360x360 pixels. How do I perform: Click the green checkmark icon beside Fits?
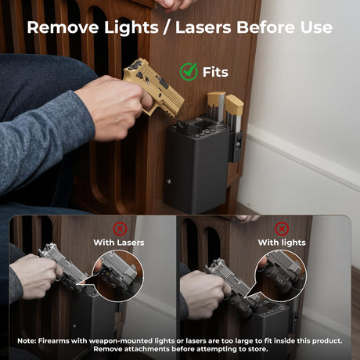click(189, 71)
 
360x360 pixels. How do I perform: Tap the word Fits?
click(215, 72)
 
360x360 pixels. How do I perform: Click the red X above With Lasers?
click(120, 229)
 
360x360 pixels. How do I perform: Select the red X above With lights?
click(282, 229)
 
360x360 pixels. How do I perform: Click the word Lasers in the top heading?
click(203, 27)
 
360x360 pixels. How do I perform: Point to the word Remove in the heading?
click(63, 27)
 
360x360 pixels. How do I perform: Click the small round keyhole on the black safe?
click(169, 181)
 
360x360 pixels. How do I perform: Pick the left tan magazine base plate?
click(216, 98)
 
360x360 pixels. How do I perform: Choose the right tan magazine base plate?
click(235, 104)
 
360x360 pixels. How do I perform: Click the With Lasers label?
click(119, 243)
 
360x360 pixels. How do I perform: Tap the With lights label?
click(282, 243)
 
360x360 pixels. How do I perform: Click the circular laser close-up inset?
click(119, 276)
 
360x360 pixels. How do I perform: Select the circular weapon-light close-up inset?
click(281, 276)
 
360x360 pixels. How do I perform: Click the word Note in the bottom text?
click(27, 341)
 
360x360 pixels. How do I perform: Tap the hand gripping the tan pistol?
click(114, 107)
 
